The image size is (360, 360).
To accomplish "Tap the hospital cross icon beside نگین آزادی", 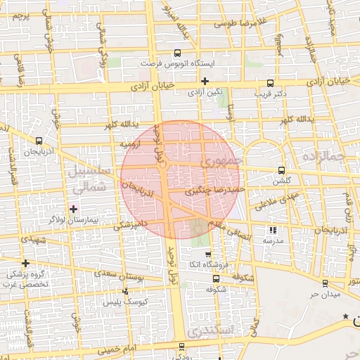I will (x=205, y=82).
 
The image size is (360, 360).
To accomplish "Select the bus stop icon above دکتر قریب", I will (x=271, y=82).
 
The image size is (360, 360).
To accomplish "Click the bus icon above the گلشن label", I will (x=282, y=170).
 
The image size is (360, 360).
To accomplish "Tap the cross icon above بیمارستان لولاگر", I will (x=75, y=209).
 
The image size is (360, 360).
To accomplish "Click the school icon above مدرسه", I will (x=273, y=230).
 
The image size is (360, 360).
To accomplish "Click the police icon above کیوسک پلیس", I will (x=125, y=291).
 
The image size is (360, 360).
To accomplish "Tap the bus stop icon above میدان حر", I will (x=324, y=283).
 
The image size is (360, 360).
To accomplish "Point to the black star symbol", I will (x=345, y=317).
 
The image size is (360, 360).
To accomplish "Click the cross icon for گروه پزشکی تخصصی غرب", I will (x=25, y=263).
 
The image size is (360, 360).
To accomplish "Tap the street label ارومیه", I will (x=134, y=144).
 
